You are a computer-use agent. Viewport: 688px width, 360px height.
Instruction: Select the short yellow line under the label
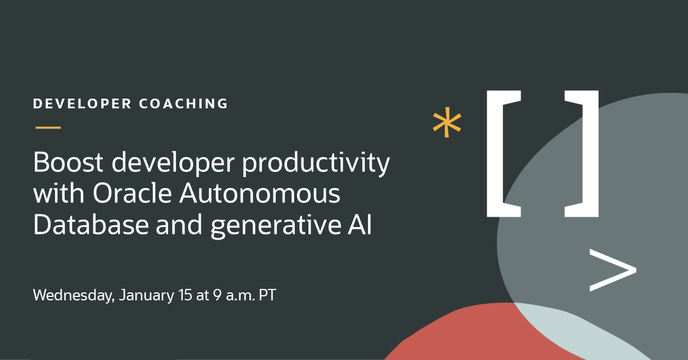[48, 127]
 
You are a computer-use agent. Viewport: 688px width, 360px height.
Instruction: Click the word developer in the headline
[163, 165]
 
